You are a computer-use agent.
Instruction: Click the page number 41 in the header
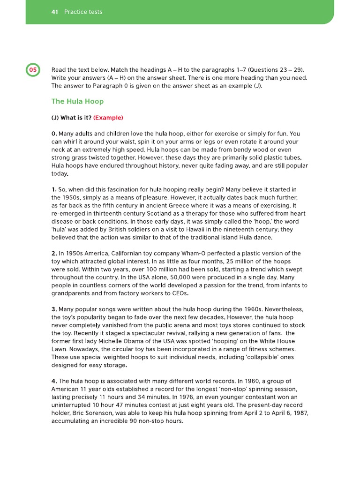54,12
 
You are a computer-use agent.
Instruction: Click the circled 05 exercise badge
33,70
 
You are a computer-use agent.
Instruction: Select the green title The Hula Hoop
77,101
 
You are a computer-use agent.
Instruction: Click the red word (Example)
108,118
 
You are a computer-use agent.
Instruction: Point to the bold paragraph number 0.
54,134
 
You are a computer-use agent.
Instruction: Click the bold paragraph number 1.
53,189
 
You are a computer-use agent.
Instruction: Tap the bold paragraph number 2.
54,253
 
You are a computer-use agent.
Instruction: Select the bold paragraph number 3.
54,309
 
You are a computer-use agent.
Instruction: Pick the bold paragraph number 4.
54,381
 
